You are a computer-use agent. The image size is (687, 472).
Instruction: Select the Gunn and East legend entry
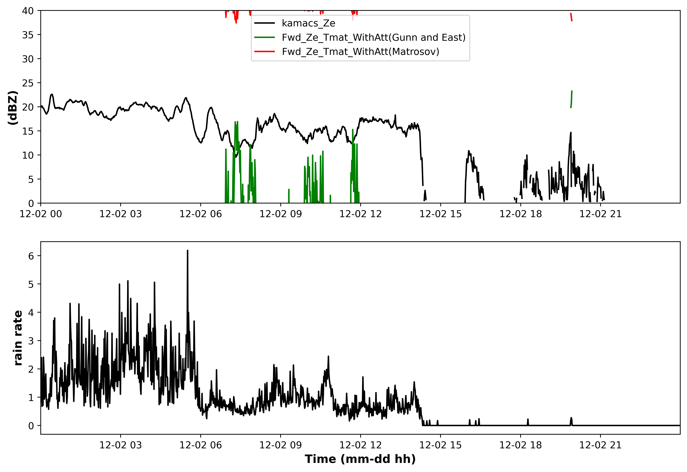[x=374, y=38]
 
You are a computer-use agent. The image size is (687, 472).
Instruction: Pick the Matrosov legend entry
[x=360, y=52]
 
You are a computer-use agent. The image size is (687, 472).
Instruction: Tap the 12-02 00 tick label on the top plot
[x=41, y=214]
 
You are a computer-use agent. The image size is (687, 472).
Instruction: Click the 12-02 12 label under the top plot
[x=360, y=214]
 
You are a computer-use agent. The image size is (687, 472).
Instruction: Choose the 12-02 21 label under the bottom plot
[x=600, y=445]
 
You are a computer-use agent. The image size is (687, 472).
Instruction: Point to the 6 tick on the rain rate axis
[x=31, y=256]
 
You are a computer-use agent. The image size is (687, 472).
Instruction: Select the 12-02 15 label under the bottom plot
[x=440, y=445]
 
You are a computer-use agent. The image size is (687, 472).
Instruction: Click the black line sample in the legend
[x=265, y=23]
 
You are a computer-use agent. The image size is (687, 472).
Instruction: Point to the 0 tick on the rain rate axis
[x=31, y=426]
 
